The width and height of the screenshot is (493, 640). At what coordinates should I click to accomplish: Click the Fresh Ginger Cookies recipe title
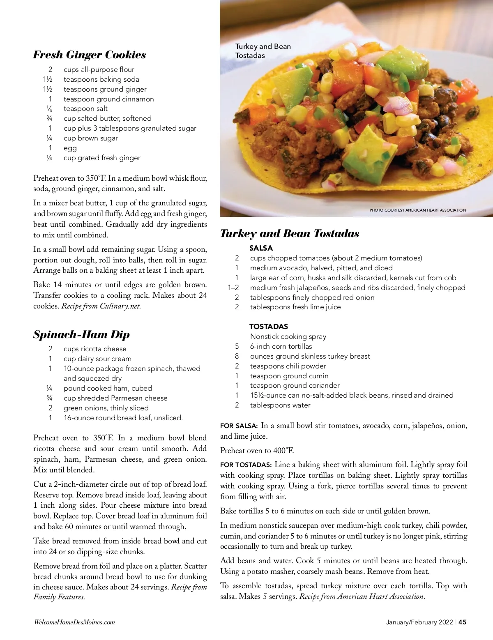(x=89, y=55)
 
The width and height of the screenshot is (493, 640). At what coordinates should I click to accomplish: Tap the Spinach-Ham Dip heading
(x=81, y=334)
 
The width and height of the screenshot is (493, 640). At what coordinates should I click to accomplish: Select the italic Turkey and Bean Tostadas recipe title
(x=290, y=233)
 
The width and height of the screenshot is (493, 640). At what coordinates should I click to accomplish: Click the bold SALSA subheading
(x=261, y=248)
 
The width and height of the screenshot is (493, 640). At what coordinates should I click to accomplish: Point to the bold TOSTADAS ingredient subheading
(x=269, y=327)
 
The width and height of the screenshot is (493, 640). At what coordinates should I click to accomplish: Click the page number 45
(x=463, y=622)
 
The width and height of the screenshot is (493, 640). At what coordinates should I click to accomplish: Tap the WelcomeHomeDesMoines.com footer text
(x=74, y=622)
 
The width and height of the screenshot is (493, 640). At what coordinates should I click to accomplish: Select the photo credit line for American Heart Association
(x=418, y=210)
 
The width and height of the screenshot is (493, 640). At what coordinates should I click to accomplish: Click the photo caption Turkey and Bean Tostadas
(x=263, y=51)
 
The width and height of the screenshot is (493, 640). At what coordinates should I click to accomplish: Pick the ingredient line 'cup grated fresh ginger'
(x=102, y=158)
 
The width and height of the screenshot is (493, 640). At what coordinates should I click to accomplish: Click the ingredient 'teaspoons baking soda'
(x=101, y=79)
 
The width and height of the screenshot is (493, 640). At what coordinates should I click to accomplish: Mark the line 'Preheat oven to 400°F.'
(x=257, y=450)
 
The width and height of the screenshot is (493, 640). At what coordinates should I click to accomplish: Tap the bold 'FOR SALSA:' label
(x=239, y=426)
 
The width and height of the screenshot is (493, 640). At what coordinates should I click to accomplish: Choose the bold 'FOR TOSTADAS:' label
(x=246, y=465)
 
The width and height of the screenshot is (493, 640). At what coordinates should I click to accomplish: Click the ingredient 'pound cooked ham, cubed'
(x=108, y=388)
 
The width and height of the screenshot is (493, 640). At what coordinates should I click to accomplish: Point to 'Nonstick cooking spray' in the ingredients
(x=288, y=336)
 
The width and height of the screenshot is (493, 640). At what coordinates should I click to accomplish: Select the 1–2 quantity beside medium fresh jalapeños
(x=233, y=288)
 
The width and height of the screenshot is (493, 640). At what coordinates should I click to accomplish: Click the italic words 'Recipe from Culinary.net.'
(x=101, y=306)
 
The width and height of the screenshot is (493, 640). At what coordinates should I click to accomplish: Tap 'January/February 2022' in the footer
(x=419, y=622)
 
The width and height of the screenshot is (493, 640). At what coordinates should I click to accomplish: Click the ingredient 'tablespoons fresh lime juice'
(x=295, y=307)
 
